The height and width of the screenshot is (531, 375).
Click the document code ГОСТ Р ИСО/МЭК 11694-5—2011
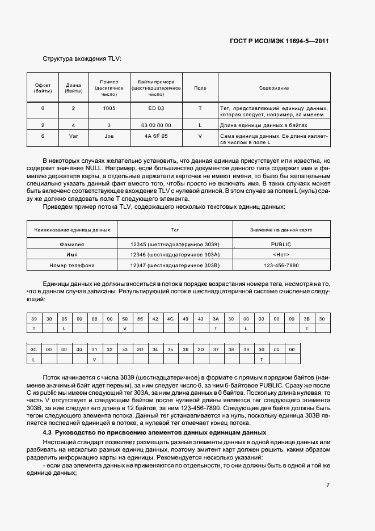288,41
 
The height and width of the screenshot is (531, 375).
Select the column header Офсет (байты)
43,88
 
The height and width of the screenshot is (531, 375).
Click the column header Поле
200,88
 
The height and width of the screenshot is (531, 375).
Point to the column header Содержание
274,88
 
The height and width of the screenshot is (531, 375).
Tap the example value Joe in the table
109,136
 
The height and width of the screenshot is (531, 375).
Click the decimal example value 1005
109,108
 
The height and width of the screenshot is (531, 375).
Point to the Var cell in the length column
73,136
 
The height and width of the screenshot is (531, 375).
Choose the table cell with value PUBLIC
281,244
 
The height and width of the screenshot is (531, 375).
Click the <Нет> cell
281,255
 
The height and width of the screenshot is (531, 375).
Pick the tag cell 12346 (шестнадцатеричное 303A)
175,255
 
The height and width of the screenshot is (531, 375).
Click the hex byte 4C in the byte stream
170,319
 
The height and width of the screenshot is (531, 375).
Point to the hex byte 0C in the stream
34,350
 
